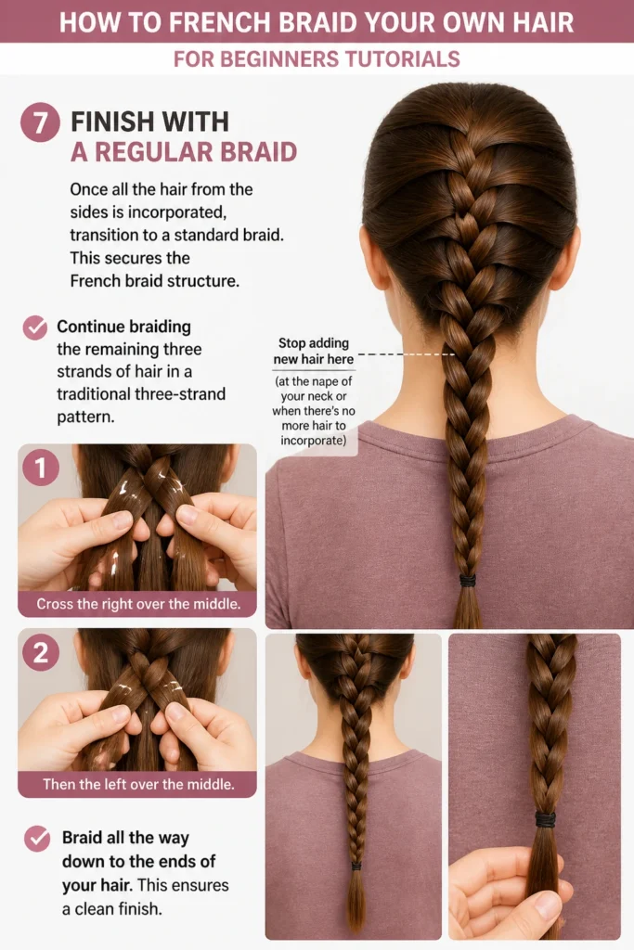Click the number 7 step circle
(x=40, y=122)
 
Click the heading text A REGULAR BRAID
(x=184, y=152)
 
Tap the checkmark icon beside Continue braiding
(x=35, y=327)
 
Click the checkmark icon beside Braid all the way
(x=37, y=839)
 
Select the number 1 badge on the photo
(x=41, y=468)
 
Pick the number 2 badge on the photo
(x=41, y=652)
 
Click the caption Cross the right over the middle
(x=138, y=604)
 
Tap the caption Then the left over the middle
(x=138, y=784)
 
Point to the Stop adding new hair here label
(x=314, y=352)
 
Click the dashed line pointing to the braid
(x=406, y=353)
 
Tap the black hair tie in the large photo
(x=467, y=581)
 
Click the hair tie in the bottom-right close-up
(x=545, y=819)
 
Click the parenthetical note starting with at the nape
(x=314, y=411)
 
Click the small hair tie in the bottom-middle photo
(x=356, y=866)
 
